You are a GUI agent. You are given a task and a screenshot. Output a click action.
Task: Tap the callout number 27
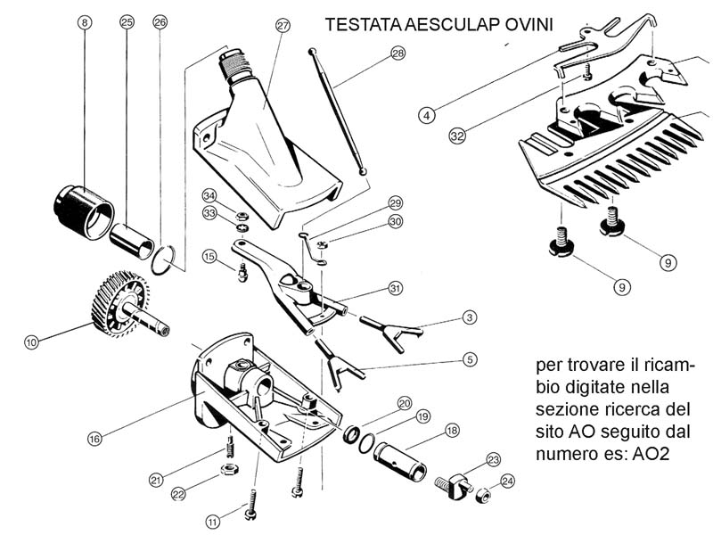tap(283, 26)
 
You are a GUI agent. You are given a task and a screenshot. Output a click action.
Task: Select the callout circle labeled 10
tap(31, 342)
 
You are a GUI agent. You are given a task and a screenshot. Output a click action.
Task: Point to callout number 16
tap(94, 438)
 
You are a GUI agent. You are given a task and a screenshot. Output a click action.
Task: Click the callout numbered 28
tap(397, 53)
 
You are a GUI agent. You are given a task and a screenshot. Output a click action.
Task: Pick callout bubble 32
tap(457, 136)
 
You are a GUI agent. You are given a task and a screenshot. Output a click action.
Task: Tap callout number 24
tap(507, 481)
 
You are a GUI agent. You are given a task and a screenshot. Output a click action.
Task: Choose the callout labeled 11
tap(212, 521)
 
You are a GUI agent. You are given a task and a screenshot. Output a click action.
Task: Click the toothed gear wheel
tap(115, 303)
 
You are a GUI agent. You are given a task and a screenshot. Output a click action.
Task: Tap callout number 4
tap(428, 114)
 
